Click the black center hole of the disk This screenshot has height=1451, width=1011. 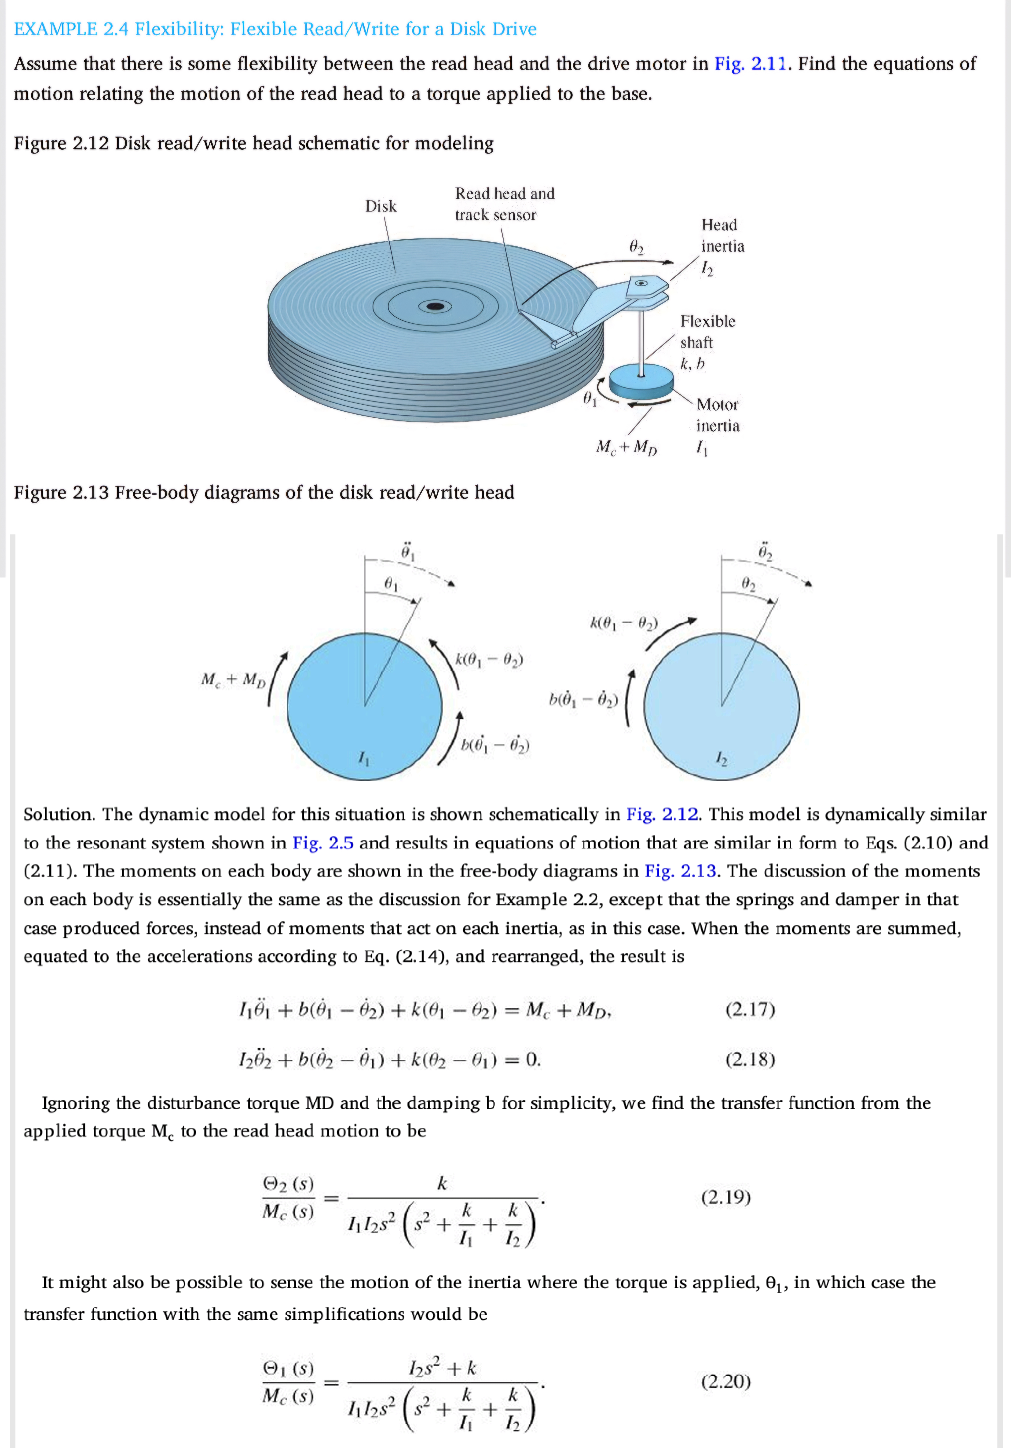coord(435,307)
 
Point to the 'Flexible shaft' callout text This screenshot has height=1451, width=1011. coord(707,332)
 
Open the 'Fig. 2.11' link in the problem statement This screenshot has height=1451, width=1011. coord(750,64)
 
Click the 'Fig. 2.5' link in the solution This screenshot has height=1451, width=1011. coord(322,843)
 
